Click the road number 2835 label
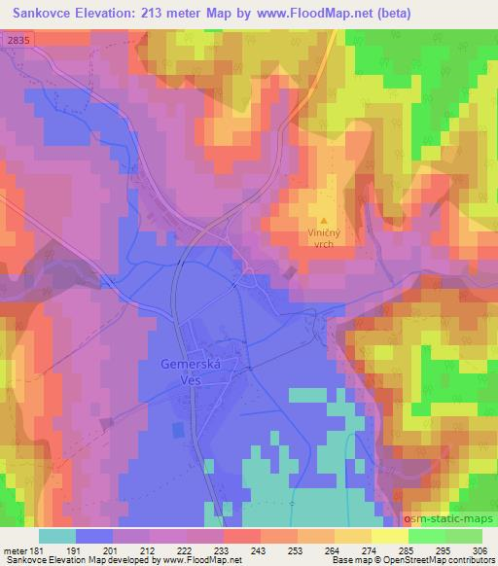[16, 39]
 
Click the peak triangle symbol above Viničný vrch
[324, 208]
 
